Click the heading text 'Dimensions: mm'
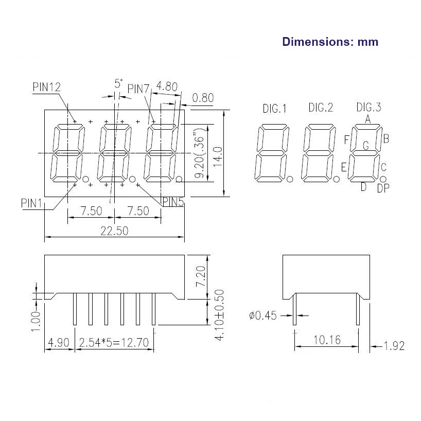click(x=330, y=42)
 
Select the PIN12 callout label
click(x=47, y=87)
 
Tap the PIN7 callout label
click(x=138, y=89)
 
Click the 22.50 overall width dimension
click(x=114, y=231)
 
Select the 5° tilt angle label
click(x=118, y=83)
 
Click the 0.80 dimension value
click(x=202, y=98)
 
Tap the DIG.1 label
click(x=275, y=109)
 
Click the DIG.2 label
click(x=321, y=108)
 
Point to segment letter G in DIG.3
click(x=365, y=146)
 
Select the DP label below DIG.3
click(x=383, y=188)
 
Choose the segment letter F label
click(x=347, y=139)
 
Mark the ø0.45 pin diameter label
click(x=263, y=315)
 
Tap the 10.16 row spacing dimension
click(x=326, y=340)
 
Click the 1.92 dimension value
click(x=394, y=345)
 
